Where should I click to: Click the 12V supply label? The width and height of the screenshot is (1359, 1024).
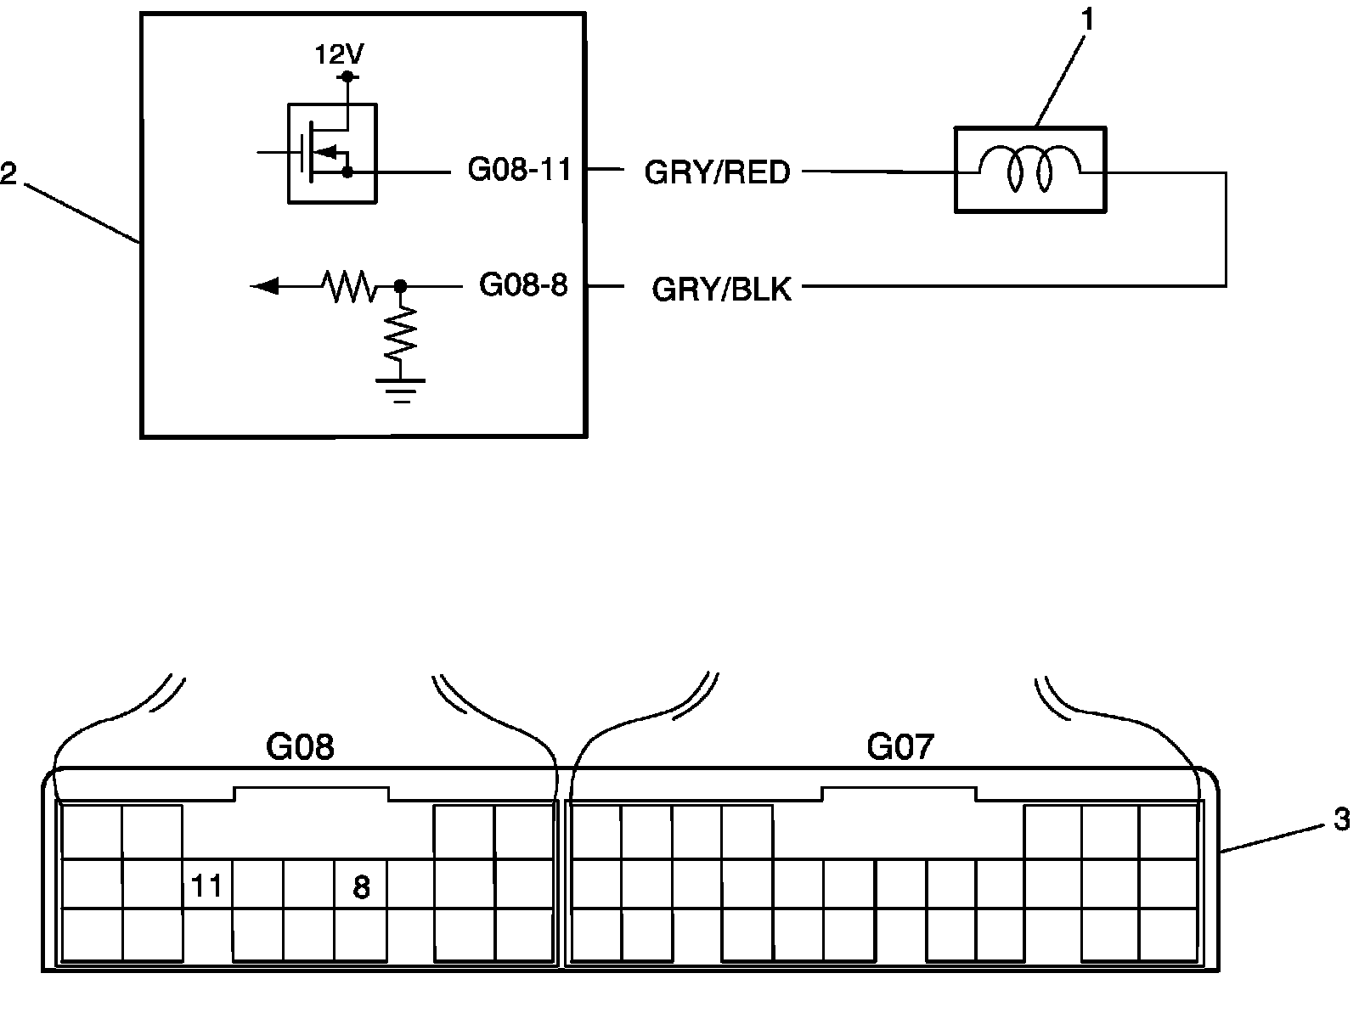pyautogui.click(x=339, y=55)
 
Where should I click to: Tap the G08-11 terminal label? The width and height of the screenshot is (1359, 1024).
pyautogui.click(x=518, y=170)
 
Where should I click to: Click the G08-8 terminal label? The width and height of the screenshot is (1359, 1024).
pyautogui.click(x=522, y=285)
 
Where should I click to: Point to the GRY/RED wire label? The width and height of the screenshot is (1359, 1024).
pyautogui.click(x=717, y=172)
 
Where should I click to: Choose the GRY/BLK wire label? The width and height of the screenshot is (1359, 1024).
pyautogui.click(x=721, y=290)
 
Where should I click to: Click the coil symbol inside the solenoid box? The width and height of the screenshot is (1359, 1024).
pyautogui.click(x=1029, y=168)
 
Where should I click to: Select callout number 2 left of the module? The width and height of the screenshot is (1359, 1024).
pyautogui.click(x=8, y=176)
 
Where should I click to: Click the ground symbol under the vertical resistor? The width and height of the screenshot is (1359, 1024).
pyautogui.click(x=401, y=389)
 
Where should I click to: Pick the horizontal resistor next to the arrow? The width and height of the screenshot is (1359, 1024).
pyautogui.click(x=349, y=286)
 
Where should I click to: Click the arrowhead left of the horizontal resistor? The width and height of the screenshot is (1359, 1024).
pyautogui.click(x=265, y=286)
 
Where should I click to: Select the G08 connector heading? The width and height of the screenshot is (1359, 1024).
pyautogui.click(x=300, y=747)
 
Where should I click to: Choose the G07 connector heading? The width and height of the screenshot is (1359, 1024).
pyautogui.click(x=899, y=747)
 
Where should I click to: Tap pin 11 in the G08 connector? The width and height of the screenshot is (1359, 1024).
pyautogui.click(x=206, y=886)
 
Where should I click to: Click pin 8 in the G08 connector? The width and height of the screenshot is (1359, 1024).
pyautogui.click(x=361, y=888)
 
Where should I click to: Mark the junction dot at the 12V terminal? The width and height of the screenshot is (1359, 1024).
pyautogui.click(x=347, y=76)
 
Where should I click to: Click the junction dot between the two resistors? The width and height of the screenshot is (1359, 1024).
pyautogui.click(x=401, y=286)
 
